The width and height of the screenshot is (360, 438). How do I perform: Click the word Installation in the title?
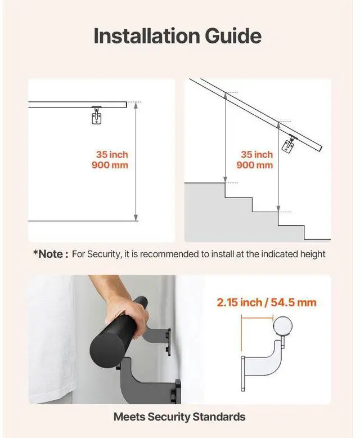(x=147, y=36)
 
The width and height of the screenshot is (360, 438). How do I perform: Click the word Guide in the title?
(x=233, y=36)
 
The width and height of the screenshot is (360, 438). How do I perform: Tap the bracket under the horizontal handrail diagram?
(x=97, y=115)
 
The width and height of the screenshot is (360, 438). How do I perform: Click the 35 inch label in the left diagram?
(x=112, y=154)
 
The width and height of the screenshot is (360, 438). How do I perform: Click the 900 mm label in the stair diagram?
(x=254, y=165)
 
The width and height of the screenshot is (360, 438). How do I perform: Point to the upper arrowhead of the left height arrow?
(x=136, y=105)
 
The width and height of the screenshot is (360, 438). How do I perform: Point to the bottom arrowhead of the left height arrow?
(x=136, y=218)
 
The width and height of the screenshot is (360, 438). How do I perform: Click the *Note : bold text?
(x=51, y=254)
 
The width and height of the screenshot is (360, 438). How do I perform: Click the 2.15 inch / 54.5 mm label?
(x=267, y=302)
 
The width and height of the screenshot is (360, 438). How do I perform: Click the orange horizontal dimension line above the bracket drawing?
(x=257, y=317)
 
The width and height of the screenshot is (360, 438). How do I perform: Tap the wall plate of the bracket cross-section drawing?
(x=243, y=373)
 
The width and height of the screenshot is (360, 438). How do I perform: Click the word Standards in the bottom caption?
(x=219, y=417)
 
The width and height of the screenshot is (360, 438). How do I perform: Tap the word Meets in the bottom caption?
(x=129, y=417)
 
